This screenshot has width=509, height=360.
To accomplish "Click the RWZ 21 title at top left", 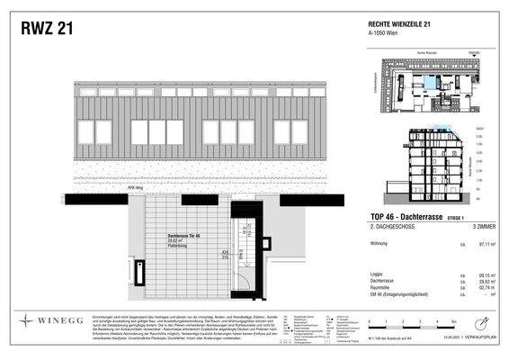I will (47, 29).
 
